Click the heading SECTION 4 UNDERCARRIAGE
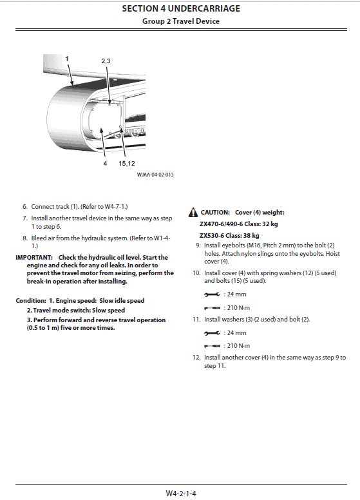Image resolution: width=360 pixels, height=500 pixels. [181, 8]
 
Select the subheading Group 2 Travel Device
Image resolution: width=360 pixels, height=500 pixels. [181, 21]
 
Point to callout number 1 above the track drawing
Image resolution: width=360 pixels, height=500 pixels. [67, 59]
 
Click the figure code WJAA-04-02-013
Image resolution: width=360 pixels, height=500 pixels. [155, 175]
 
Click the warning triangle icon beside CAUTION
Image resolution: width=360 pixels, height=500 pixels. [193, 213]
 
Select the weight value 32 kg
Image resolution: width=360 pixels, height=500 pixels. [270, 224]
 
